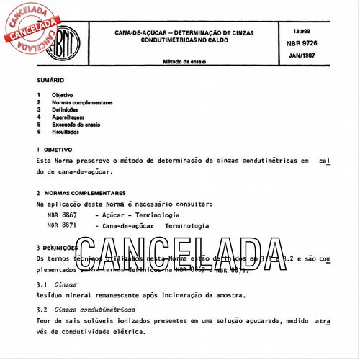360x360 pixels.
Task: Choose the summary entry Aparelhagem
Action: (x=69, y=117)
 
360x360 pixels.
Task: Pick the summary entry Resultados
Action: (x=67, y=131)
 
